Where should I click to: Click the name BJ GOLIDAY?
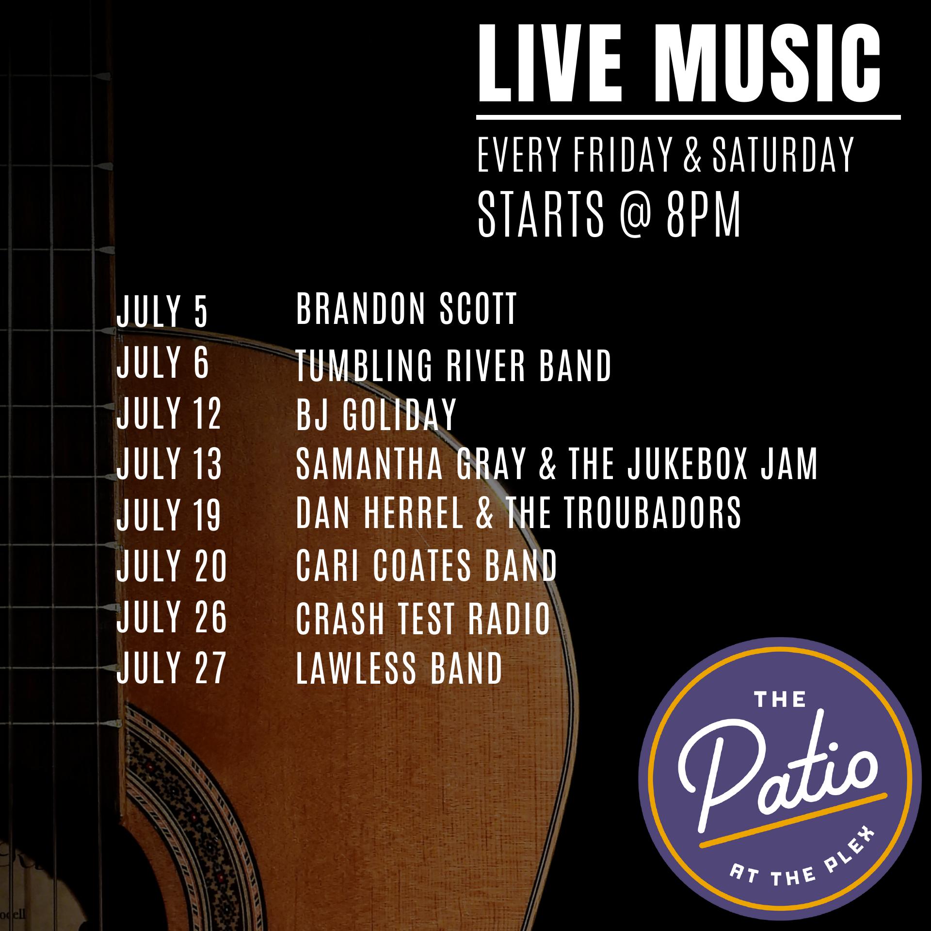tap(376, 414)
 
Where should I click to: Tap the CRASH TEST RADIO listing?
tap(423, 618)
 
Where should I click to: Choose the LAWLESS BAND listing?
tap(399, 668)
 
